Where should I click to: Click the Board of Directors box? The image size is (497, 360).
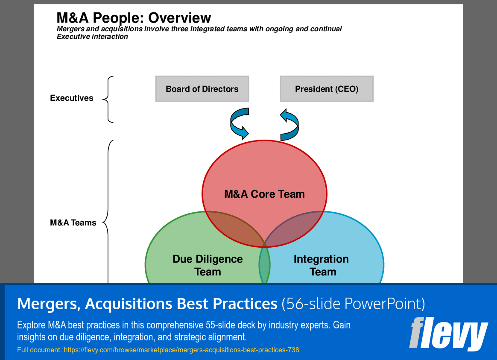[202, 89]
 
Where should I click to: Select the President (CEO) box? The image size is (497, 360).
[327, 89]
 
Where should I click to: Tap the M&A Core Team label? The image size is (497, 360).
[264, 194]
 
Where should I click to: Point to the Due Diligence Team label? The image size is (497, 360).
[208, 265]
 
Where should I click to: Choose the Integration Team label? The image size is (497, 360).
[322, 265]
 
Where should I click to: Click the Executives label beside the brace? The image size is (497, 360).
[72, 98]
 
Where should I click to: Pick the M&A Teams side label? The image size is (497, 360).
[73, 222]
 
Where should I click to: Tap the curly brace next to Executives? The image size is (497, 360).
[108, 99]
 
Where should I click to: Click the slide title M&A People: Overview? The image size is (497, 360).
[134, 18]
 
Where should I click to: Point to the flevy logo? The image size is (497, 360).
[448, 334]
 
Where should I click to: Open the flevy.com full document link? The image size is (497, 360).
[181, 350]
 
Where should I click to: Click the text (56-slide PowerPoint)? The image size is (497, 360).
[354, 304]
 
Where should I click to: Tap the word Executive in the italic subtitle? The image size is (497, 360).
[73, 36]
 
